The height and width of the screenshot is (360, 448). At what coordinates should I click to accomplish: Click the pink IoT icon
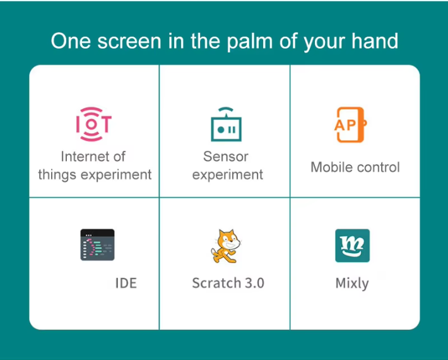pyautogui.click(x=94, y=124)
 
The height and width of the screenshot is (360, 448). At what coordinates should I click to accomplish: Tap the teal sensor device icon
pyautogui.click(x=227, y=124)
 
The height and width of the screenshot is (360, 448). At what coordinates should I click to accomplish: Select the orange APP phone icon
pyautogui.click(x=351, y=124)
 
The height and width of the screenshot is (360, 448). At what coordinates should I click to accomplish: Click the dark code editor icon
pyautogui.click(x=97, y=245)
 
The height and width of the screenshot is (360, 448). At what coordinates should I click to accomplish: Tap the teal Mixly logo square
pyautogui.click(x=352, y=245)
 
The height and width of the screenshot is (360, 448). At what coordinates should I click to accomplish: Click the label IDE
pyautogui.click(x=126, y=284)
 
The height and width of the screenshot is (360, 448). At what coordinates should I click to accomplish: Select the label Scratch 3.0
pyautogui.click(x=228, y=283)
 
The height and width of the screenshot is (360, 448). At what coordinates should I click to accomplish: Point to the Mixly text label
pyautogui.click(x=352, y=284)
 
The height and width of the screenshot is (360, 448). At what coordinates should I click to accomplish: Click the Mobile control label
pyautogui.click(x=355, y=167)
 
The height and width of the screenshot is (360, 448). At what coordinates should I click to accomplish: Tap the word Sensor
pyautogui.click(x=226, y=157)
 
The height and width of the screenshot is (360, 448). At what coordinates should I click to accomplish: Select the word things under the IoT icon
pyautogui.click(x=57, y=175)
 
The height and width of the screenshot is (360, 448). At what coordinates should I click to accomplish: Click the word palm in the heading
pyautogui.click(x=250, y=42)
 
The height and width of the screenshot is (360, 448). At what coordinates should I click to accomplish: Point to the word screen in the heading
pyautogui.click(x=129, y=41)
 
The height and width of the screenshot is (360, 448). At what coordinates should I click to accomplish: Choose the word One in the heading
pyautogui.click(x=71, y=41)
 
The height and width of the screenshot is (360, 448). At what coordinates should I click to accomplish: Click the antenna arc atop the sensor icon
pyautogui.click(x=226, y=109)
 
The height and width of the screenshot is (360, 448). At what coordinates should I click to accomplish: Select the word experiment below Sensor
pyautogui.click(x=228, y=175)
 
